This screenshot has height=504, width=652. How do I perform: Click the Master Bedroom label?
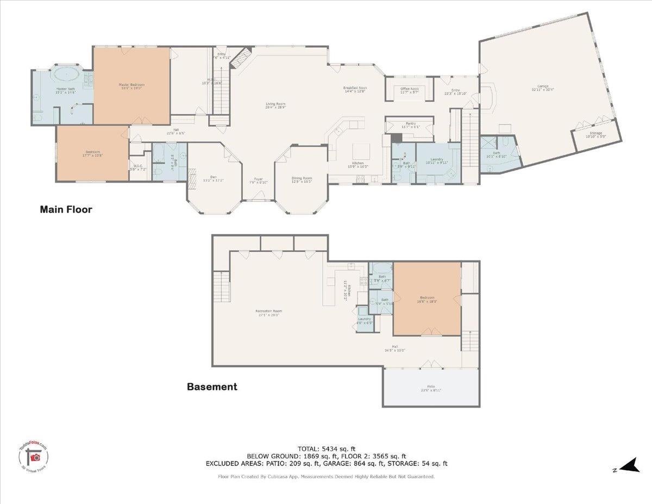[132, 85]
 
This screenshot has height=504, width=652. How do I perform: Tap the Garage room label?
[543, 86]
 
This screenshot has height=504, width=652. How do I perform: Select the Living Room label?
[275, 104]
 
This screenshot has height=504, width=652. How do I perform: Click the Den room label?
[214, 178]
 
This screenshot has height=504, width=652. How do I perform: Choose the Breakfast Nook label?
[356, 88]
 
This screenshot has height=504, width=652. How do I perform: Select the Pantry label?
[410, 124]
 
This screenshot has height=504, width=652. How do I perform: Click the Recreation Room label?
[269, 312]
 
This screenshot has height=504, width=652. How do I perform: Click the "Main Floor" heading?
[66, 209]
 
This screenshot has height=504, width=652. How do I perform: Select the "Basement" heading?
[212, 387]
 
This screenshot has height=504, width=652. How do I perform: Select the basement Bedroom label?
[427, 298]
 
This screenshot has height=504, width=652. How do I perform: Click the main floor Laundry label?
[435, 159]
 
